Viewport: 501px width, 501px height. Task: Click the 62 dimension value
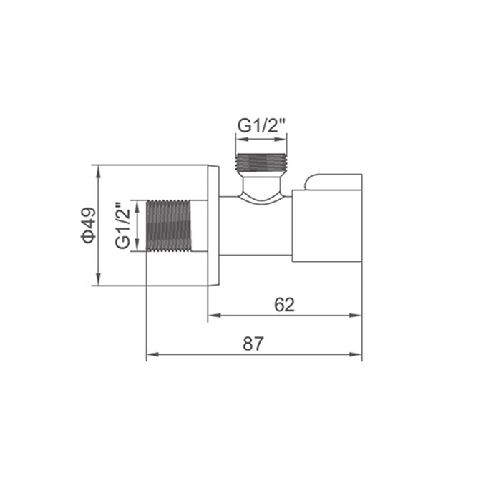[x=284, y=304]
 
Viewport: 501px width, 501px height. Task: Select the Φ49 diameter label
[x=87, y=225]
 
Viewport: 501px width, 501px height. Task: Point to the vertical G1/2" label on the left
[x=124, y=225]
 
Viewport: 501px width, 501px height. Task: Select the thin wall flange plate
[x=213, y=225]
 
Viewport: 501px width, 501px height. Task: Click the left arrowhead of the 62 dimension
[x=212, y=315]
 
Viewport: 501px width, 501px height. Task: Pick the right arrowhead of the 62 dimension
[x=357, y=315]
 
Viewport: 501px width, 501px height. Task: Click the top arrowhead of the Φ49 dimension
[x=98, y=170]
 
